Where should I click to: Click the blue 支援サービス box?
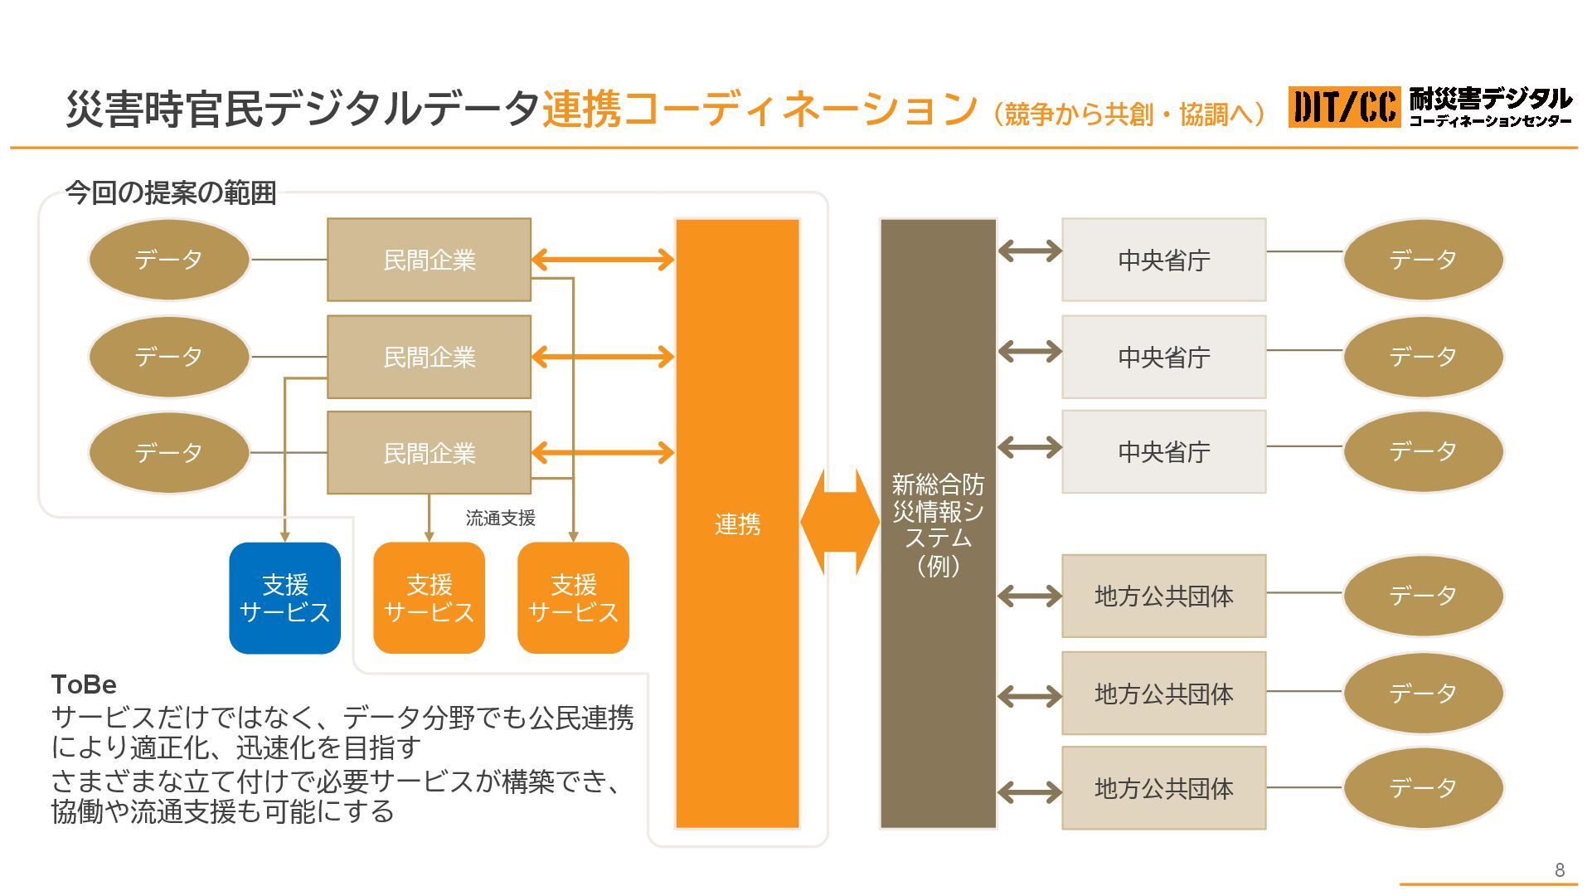click(x=284, y=598)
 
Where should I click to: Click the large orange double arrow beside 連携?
click(x=839, y=522)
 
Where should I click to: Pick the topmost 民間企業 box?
click(x=429, y=260)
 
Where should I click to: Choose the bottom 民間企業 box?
click(x=429, y=453)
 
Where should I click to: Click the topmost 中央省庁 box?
click(x=1163, y=260)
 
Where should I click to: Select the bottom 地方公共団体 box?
click(x=1163, y=788)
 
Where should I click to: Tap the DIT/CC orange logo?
click(x=1343, y=107)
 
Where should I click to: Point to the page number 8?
click(x=1559, y=869)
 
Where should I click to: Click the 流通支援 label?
click(x=500, y=519)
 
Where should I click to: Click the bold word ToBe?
click(x=84, y=684)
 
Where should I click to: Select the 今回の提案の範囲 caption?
click(x=170, y=192)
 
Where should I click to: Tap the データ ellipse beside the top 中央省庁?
click(x=1423, y=260)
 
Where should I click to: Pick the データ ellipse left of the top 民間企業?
click(x=168, y=260)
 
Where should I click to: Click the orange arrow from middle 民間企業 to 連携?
click(x=602, y=357)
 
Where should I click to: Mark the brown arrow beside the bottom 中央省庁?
click(x=1029, y=447)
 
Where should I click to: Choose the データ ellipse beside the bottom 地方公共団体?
click(x=1423, y=788)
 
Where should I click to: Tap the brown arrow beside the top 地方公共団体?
click(x=1029, y=596)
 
